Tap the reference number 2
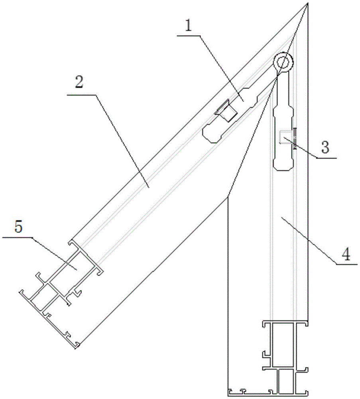(79, 82)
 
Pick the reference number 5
(18, 227)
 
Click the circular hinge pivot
(283, 61)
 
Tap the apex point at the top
(308, 3)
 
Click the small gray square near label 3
(285, 137)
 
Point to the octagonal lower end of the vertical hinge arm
(283, 164)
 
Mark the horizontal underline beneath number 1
(189, 36)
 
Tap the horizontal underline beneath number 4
(347, 265)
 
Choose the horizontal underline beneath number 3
(327, 158)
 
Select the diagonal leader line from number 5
(55, 254)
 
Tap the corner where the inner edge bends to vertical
(228, 196)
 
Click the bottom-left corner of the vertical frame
(228, 396)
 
